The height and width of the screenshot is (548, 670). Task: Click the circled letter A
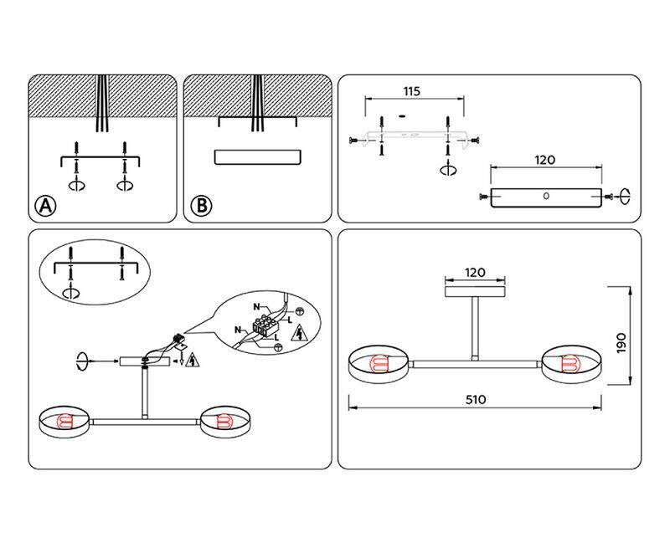tap(44, 206)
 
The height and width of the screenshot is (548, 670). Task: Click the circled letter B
tap(199, 206)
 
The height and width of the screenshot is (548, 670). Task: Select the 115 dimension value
tap(410, 90)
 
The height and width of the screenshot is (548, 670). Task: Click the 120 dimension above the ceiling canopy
tap(475, 273)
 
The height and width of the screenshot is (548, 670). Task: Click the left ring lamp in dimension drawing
tap(378, 363)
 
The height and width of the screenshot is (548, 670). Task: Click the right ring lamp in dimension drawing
tap(573, 363)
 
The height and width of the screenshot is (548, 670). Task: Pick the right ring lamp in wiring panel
tap(224, 422)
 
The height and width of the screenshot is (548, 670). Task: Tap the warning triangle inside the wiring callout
tap(298, 335)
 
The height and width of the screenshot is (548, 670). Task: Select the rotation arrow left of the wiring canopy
tap(82, 361)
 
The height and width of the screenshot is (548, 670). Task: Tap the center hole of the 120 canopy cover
tap(546, 197)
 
